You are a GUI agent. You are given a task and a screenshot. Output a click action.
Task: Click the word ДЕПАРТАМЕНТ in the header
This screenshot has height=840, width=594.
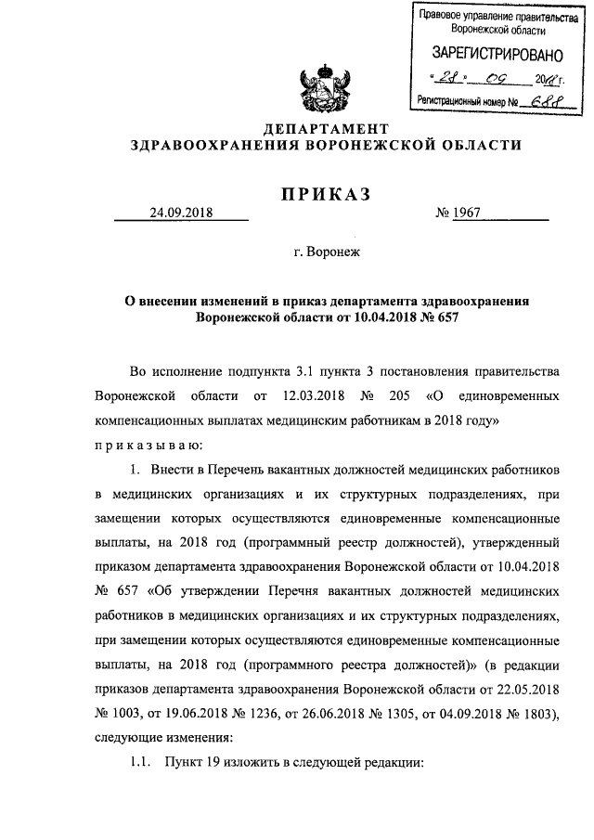[x=325, y=127]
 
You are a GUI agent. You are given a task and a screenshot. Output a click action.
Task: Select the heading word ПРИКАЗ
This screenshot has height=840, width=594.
[x=325, y=193]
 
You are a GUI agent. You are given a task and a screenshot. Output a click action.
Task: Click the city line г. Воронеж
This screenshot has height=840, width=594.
[x=325, y=251]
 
